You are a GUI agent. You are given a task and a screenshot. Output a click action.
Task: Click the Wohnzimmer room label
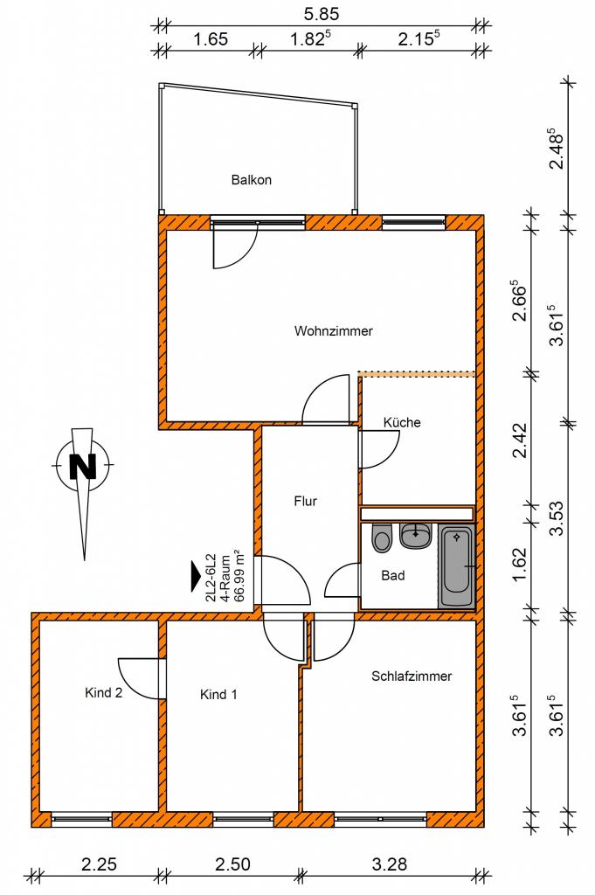(x=333, y=331)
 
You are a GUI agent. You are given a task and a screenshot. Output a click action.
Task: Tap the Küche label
(x=402, y=422)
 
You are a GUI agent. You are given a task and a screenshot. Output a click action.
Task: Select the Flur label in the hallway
(x=305, y=501)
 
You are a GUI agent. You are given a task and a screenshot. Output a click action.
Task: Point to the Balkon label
(x=251, y=180)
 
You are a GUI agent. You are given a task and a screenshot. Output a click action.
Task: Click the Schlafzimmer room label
(x=412, y=676)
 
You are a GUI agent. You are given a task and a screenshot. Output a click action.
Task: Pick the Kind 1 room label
(x=218, y=695)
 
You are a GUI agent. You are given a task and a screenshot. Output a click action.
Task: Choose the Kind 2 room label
(x=103, y=693)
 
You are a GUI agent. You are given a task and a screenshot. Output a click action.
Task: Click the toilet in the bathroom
(x=382, y=538)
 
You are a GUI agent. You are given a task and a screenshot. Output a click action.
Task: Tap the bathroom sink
(x=415, y=536)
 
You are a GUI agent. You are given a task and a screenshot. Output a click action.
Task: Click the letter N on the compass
(x=83, y=466)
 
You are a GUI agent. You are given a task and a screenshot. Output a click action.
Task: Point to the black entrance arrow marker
(x=197, y=577)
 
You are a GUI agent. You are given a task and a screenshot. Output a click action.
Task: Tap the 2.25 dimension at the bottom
(x=100, y=864)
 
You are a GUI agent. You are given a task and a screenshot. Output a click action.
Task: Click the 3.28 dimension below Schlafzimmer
(x=390, y=864)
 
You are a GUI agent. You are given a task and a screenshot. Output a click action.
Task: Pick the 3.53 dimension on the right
(x=557, y=517)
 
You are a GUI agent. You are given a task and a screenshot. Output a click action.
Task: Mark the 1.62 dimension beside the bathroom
(x=520, y=565)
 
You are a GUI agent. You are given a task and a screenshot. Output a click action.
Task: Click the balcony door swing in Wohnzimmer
(x=235, y=246)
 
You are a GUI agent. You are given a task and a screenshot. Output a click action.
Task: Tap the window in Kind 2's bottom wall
(x=81, y=819)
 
